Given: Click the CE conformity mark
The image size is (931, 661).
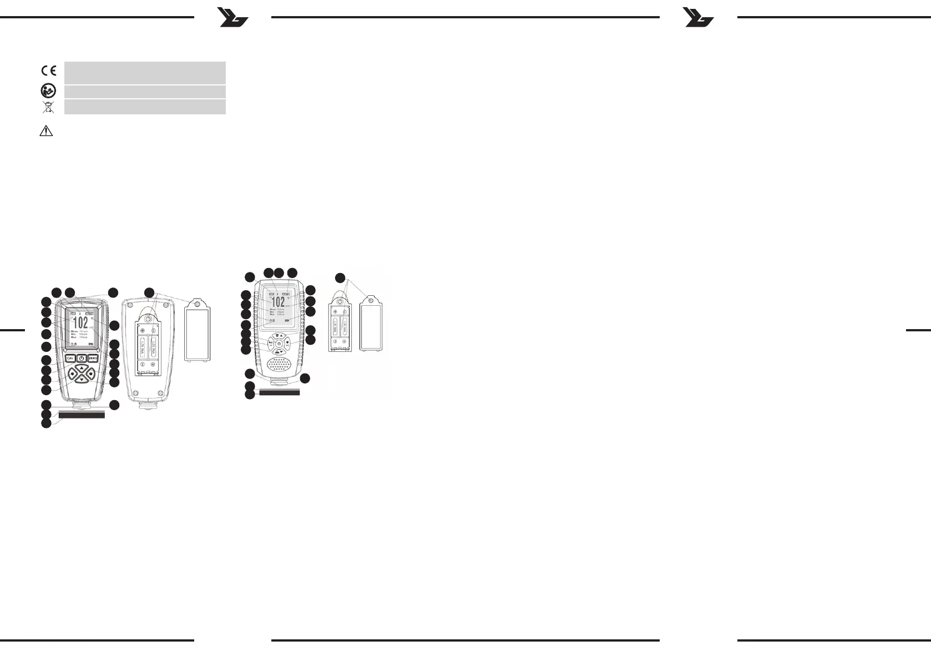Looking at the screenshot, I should point(48,70).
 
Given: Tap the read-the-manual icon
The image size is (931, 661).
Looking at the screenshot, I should point(48,92).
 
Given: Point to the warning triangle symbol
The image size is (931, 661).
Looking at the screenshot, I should point(47,132).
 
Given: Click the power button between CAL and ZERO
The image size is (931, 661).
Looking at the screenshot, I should point(81,358).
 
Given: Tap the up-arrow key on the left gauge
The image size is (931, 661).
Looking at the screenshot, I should point(82,369).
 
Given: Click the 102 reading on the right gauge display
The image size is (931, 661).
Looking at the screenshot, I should point(278,302).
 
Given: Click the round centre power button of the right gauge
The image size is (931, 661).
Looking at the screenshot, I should point(279,344).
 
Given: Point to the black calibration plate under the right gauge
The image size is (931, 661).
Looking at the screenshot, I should point(279,392).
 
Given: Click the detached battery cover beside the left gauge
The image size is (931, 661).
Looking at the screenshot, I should point(197,334).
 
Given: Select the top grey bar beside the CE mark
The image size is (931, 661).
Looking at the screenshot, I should point(145,73).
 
